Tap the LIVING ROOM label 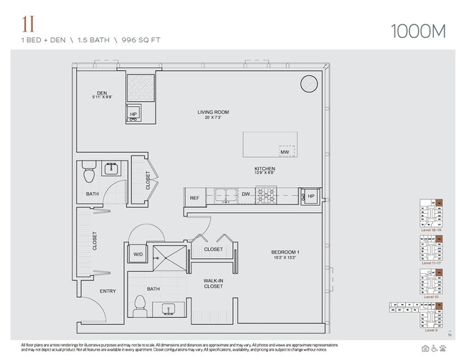coord(213,112)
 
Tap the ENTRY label coord(108,291)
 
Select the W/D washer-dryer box coord(138,253)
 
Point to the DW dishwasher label coord(246,194)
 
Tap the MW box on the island coord(285,151)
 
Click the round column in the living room coord(308,83)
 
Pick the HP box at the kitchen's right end coord(311,196)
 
